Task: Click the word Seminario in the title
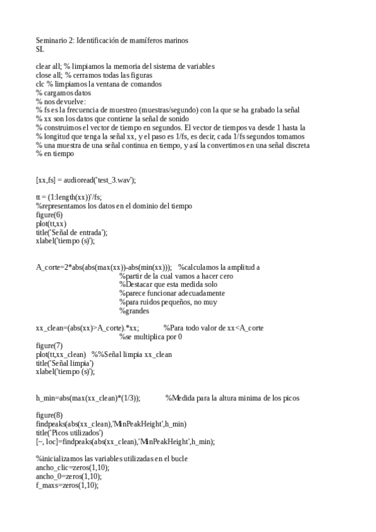[51, 40]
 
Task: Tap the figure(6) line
[49, 215]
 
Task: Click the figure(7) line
[49, 346]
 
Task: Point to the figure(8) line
[49, 415]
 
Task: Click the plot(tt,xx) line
[51, 223]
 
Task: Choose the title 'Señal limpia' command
[65, 363]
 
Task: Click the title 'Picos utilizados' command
[69, 433]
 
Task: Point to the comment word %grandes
[134, 311]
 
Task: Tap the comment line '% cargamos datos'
[63, 92]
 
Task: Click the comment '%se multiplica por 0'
[151, 337]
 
